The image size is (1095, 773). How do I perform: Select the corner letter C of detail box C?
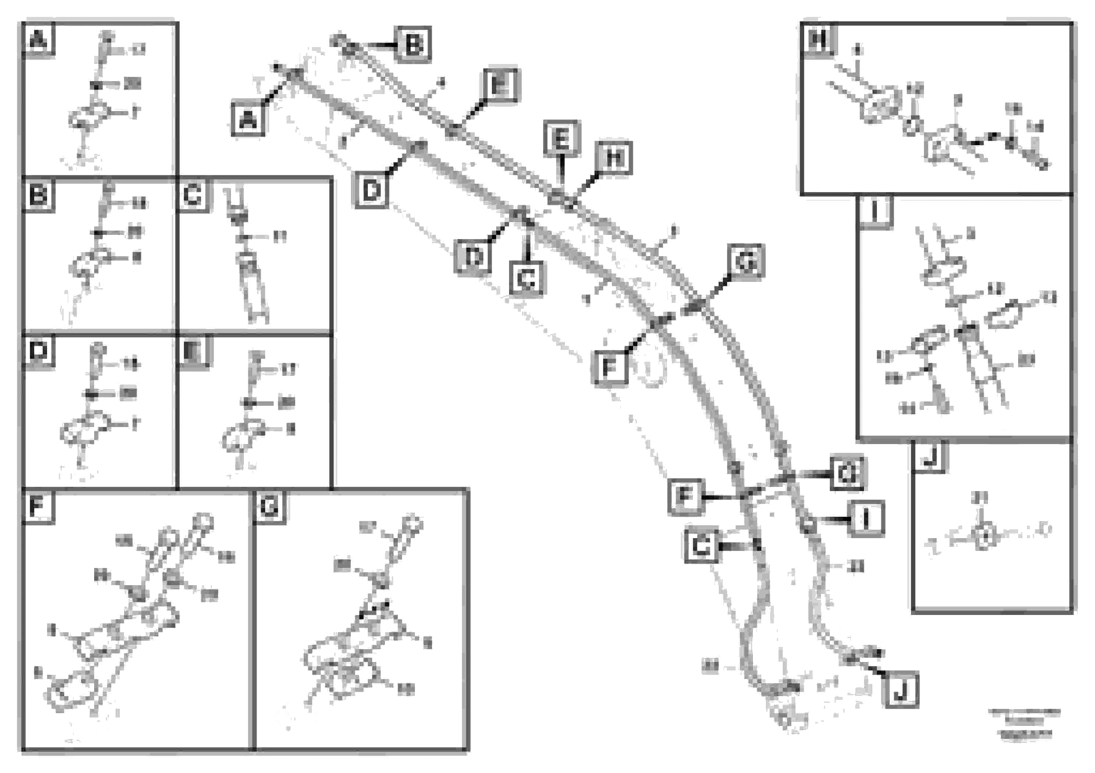(193, 194)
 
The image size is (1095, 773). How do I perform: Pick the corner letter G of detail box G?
(270, 506)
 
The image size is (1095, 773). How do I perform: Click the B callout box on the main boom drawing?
(413, 45)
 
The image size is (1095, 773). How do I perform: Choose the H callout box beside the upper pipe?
(614, 158)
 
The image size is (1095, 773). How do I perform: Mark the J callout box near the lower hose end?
(900, 690)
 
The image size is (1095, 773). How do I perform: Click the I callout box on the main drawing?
(867, 519)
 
